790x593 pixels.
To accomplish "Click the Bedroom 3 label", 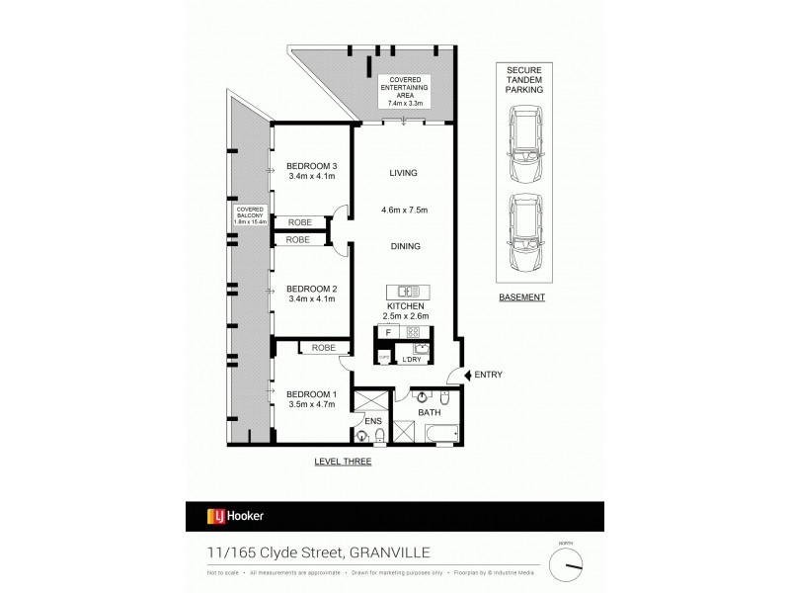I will pos(311,165).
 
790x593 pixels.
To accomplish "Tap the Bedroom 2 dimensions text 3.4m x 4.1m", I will pos(311,297).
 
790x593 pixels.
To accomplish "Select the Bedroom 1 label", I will pos(311,395).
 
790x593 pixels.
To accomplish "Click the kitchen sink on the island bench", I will pos(404,293).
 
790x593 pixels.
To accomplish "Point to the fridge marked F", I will pos(388,333).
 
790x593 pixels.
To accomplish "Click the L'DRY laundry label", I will pos(412,360).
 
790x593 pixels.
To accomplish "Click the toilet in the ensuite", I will pos(361,437).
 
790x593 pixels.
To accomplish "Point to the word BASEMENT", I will pos(521,296).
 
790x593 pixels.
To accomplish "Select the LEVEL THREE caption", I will pos(343,462).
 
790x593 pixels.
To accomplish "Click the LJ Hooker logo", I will pos(234,515).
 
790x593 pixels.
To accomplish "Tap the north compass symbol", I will pos(569,566).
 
